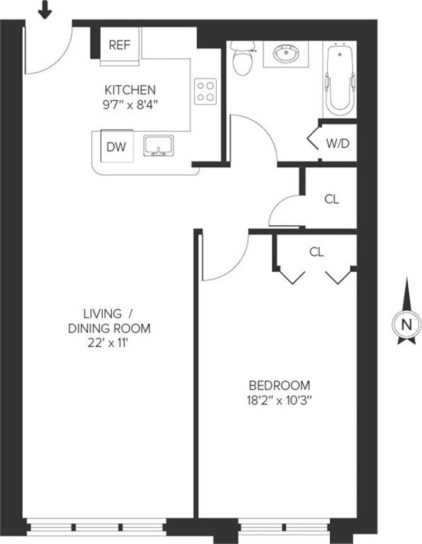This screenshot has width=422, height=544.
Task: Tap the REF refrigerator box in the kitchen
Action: pyautogui.click(x=119, y=45)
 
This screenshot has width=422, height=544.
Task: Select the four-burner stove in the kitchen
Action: pyautogui.click(x=205, y=91)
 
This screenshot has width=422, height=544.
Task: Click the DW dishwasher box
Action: pyautogui.click(x=117, y=147)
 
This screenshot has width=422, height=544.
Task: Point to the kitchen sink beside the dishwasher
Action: pyautogui.click(x=159, y=146)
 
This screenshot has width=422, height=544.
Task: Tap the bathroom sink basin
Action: pyautogui.click(x=286, y=53)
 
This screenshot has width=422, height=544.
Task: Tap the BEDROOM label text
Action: pyautogui.click(x=279, y=385)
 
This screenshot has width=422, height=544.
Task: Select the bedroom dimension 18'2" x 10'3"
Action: pyautogui.click(x=279, y=399)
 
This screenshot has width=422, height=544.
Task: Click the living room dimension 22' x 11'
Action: pyautogui.click(x=109, y=342)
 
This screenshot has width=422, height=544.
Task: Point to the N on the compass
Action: pyautogui.click(x=406, y=325)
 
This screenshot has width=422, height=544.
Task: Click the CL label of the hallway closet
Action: pyautogui.click(x=331, y=199)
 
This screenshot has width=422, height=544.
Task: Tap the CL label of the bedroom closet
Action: pyautogui.click(x=316, y=253)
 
